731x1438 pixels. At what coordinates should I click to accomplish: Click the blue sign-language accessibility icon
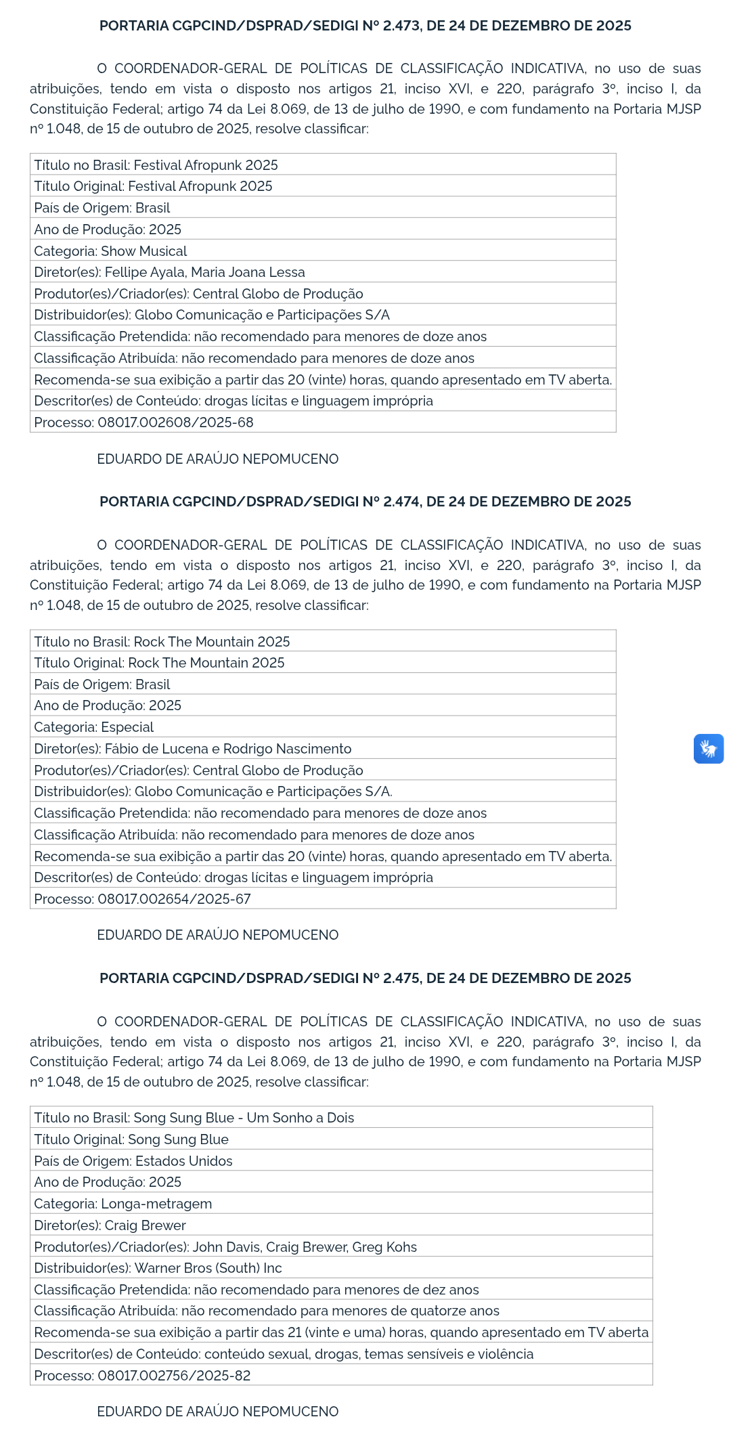coord(708,749)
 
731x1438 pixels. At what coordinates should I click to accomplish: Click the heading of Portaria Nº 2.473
coord(365,26)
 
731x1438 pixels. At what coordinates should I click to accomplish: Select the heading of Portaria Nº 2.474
coord(365,502)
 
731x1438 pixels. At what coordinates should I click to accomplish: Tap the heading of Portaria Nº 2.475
coord(365,978)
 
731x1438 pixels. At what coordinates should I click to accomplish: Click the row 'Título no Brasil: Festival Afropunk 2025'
coord(156,165)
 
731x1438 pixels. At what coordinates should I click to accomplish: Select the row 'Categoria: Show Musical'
coord(111,251)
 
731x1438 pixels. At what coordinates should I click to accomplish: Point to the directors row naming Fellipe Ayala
coord(170,272)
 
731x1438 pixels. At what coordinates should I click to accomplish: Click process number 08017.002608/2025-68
coord(175,422)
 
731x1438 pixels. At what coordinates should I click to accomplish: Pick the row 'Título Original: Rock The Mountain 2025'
coord(160,663)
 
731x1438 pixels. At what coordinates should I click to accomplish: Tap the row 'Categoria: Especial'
coord(94,727)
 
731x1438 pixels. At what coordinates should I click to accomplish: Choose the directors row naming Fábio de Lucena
coord(193,749)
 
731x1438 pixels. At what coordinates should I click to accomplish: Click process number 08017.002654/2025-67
coord(174,899)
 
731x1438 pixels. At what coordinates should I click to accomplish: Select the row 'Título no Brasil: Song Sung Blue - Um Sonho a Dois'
coord(194,1118)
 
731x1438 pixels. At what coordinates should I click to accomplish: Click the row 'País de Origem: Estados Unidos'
coord(133,1161)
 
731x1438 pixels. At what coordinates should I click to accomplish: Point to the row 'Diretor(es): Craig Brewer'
coord(110,1225)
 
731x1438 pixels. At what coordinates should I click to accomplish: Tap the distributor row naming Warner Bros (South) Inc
coord(158,1268)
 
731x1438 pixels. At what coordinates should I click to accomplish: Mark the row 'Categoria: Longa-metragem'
coord(123,1204)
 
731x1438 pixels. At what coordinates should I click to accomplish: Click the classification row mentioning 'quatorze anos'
coord(267,1311)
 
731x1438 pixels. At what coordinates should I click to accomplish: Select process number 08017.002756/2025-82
coord(174,1376)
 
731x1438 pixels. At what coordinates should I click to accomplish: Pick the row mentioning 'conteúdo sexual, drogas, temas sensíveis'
coord(284,1354)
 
